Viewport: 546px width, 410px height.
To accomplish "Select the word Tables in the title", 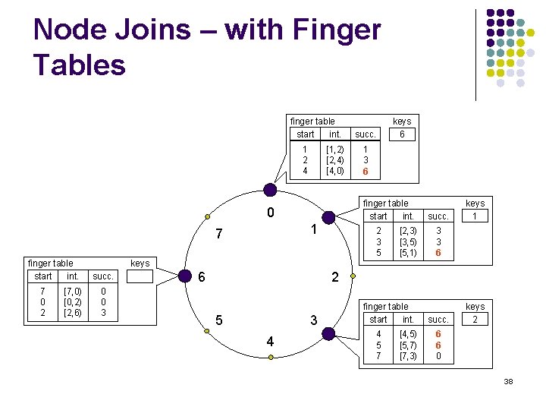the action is click(80, 65).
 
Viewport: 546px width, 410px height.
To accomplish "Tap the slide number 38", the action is click(508, 381).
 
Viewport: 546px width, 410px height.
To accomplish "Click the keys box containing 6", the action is click(402, 134).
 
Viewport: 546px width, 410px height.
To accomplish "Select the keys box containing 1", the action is click(475, 216).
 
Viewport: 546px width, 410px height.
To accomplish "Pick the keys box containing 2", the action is click(475, 320).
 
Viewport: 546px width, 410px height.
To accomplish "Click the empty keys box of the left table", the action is click(140, 276).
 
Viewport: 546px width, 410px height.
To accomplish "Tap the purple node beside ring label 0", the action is click(269, 191).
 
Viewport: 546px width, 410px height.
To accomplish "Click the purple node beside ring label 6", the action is click(184, 276).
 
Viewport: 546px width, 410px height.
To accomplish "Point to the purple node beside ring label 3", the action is click(328, 333).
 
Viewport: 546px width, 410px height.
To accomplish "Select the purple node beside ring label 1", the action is click(328, 218).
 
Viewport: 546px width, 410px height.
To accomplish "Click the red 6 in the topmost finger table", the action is click(366, 172).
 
